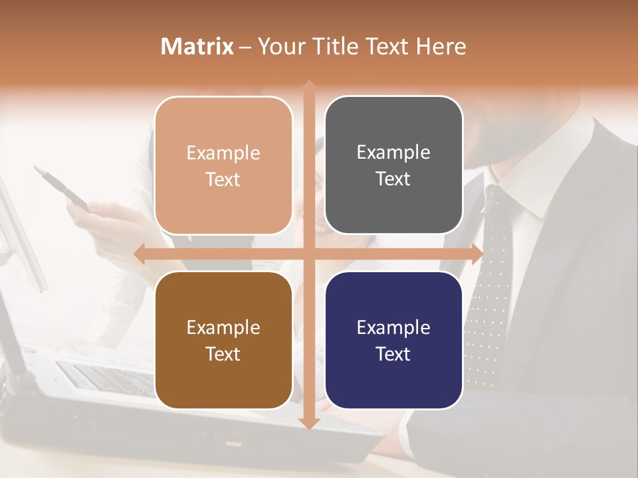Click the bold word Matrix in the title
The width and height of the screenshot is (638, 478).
tap(197, 46)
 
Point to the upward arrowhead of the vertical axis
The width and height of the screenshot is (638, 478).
tap(309, 86)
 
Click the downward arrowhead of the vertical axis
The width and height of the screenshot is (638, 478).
tap(309, 423)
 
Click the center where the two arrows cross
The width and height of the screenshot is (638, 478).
tap(309, 254)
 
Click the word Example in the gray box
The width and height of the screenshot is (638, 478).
tap(393, 152)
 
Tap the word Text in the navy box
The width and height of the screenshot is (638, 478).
tap(393, 354)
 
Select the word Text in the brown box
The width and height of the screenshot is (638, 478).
tap(223, 354)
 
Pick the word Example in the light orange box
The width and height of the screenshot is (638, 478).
tap(223, 153)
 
